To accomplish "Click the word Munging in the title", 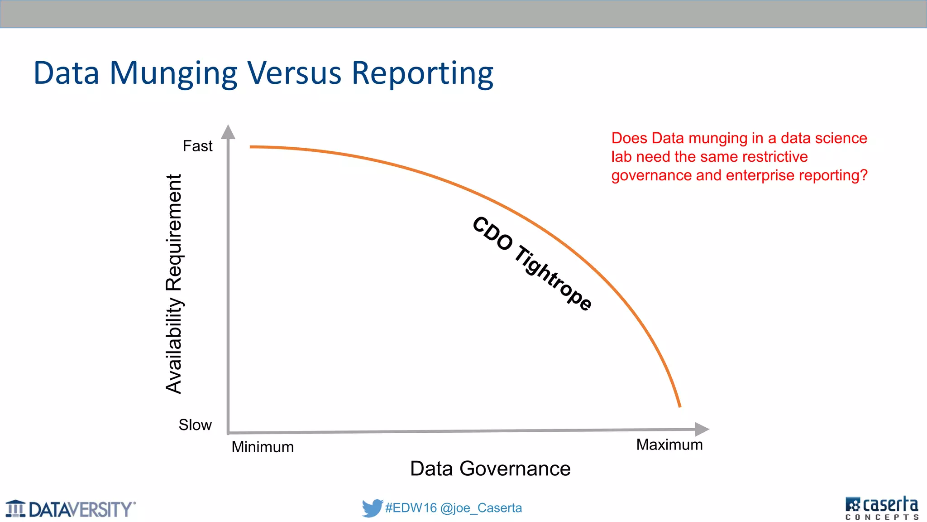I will [173, 74].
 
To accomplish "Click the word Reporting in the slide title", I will [422, 74].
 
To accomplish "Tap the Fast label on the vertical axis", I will [197, 146].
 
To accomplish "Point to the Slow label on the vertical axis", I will [195, 425].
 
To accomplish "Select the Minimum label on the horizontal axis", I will [263, 447].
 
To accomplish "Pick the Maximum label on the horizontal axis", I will [669, 445].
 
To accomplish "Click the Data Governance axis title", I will [490, 469].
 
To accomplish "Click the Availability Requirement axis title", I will [174, 284].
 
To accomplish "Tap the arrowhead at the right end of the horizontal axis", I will [701, 429].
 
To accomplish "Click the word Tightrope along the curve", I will [554, 278].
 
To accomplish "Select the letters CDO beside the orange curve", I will [492, 233].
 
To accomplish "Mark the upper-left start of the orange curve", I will [252, 147].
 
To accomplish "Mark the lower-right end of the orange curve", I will [679, 406].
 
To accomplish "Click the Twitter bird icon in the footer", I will [372, 508].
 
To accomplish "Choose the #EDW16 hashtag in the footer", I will [411, 508].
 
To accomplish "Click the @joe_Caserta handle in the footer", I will [481, 508].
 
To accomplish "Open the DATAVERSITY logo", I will [71, 509].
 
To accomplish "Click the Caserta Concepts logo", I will [881, 508].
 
